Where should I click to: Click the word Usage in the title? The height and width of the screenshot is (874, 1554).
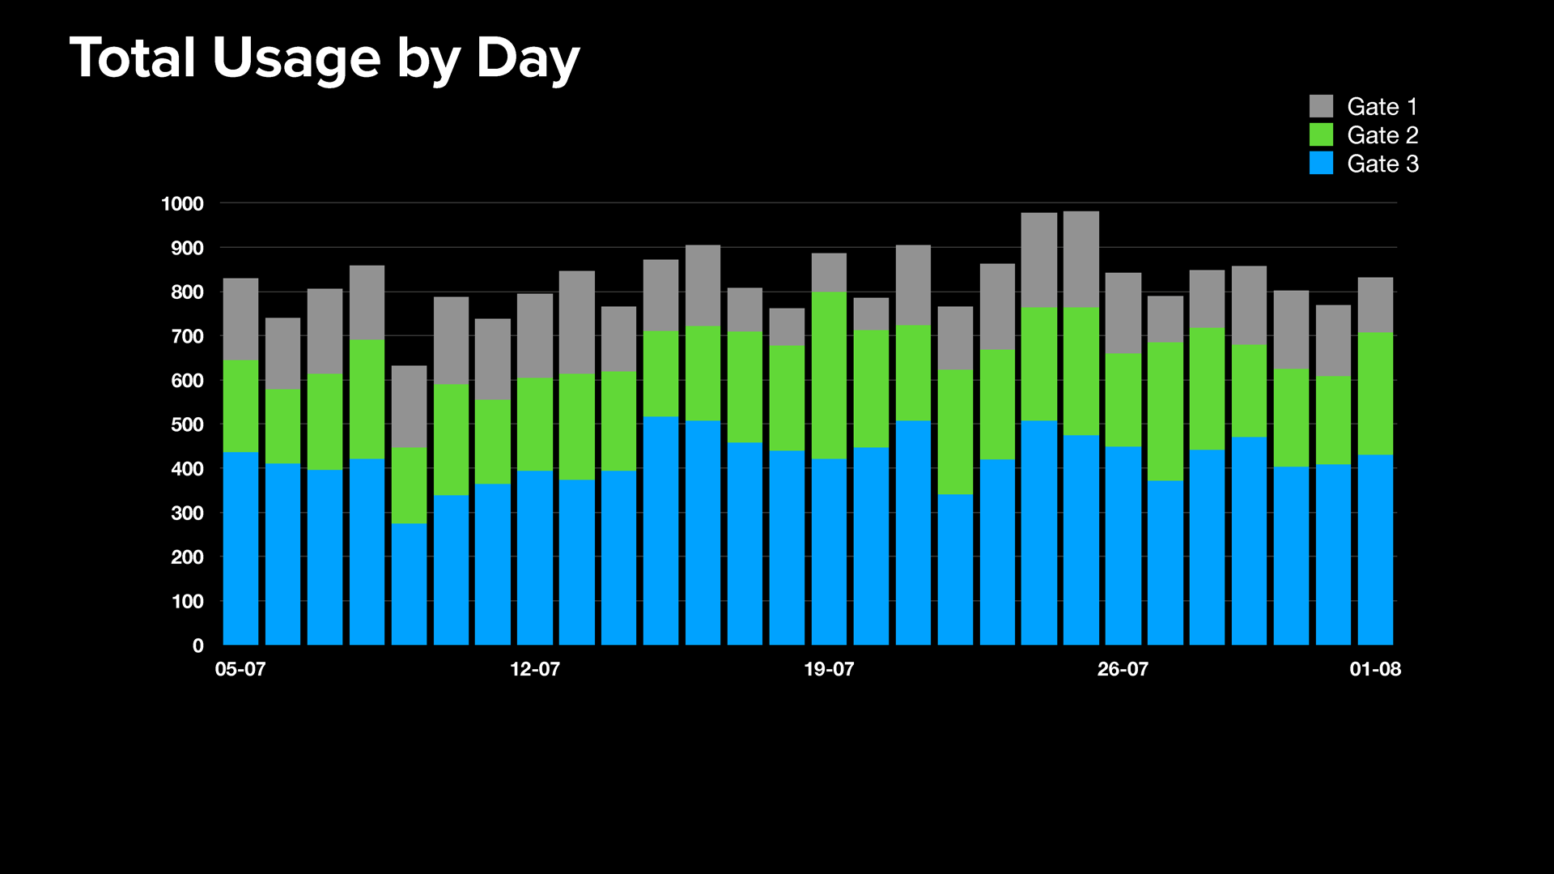pyautogui.click(x=295, y=58)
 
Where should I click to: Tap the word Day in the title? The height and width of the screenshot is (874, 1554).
pyautogui.click(x=527, y=58)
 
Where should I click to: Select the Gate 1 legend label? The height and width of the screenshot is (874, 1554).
pyautogui.click(x=1382, y=106)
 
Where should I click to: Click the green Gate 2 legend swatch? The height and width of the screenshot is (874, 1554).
pyautogui.click(x=1321, y=134)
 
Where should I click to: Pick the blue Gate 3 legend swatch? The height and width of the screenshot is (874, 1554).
pyautogui.click(x=1321, y=163)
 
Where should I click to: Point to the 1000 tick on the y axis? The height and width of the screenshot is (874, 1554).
pyautogui.click(x=182, y=204)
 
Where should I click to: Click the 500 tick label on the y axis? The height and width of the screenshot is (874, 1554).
pyautogui.click(x=187, y=424)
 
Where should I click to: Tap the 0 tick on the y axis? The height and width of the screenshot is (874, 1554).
pyautogui.click(x=198, y=646)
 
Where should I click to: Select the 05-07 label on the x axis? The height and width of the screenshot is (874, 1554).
pyautogui.click(x=240, y=669)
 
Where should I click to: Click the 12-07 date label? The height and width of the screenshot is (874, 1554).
pyautogui.click(x=535, y=669)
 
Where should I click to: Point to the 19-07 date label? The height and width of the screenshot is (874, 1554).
pyautogui.click(x=829, y=669)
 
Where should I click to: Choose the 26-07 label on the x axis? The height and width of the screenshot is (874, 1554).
pyautogui.click(x=1123, y=669)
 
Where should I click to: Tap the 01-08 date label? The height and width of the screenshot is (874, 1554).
pyautogui.click(x=1375, y=669)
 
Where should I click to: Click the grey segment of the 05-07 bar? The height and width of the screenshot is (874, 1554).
pyautogui.click(x=240, y=319)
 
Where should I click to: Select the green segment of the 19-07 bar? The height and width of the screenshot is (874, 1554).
pyautogui.click(x=829, y=375)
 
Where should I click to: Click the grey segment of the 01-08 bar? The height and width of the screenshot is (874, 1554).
pyautogui.click(x=1375, y=305)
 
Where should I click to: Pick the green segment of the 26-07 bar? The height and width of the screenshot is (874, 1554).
pyautogui.click(x=1123, y=399)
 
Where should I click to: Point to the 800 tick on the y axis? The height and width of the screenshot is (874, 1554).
pyautogui.click(x=187, y=292)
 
